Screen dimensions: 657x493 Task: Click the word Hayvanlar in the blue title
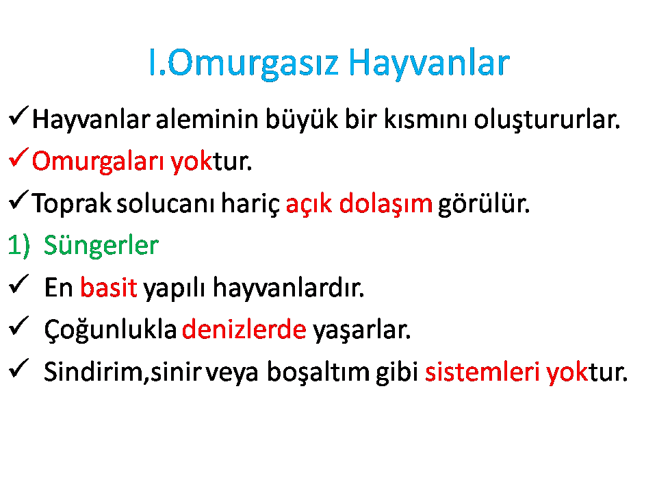pos(428,63)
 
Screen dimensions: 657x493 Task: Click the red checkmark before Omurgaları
pos(18,157)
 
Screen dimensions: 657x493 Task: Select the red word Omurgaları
pos(98,162)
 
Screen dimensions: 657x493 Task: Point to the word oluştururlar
pos(547,119)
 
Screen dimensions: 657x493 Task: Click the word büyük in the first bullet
pos(302,119)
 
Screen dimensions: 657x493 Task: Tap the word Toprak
pos(72,203)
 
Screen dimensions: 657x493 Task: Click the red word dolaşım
pos(385,204)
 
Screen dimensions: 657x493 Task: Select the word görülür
pos(484,205)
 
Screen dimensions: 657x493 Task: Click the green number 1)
pos(19,245)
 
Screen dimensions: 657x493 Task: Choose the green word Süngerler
pos(101,246)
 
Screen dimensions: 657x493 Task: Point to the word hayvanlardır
pos(288,288)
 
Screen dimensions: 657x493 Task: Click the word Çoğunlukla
pos(110,330)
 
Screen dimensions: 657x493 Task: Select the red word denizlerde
pos(244,329)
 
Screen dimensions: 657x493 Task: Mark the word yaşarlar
pos(362,330)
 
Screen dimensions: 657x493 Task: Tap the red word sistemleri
pos(482,371)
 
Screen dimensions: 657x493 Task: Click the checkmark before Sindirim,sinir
pos(18,368)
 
